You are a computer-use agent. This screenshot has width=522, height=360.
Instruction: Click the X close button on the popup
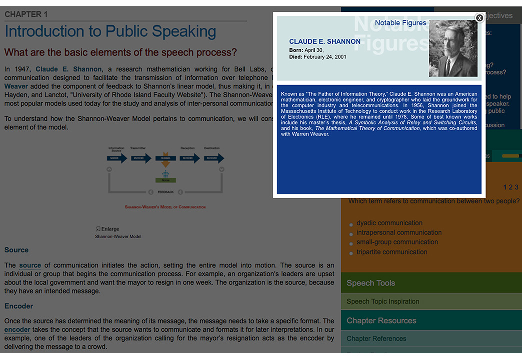click(x=479, y=18)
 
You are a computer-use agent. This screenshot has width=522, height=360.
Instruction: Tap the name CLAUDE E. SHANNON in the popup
click(x=325, y=42)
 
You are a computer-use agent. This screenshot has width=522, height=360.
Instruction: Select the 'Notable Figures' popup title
click(x=400, y=23)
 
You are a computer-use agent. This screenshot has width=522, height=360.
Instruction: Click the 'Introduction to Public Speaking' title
click(x=110, y=31)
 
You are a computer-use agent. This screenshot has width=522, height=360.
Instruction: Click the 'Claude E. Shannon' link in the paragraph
click(x=69, y=69)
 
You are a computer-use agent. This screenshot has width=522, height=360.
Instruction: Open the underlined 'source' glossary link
click(x=30, y=265)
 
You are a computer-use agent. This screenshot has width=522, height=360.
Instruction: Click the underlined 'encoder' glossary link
click(x=17, y=330)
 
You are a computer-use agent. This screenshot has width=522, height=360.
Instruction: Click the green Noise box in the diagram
click(x=165, y=180)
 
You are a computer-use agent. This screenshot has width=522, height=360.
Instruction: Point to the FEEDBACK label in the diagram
click(x=165, y=192)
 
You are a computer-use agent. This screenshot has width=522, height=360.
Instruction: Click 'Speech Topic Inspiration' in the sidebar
click(x=383, y=301)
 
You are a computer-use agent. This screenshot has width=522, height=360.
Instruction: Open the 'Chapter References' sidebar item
click(x=376, y=338)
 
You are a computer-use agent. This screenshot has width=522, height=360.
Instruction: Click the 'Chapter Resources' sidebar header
click(x=381, y=320)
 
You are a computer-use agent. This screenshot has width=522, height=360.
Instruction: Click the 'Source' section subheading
click(x=17, y=250)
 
